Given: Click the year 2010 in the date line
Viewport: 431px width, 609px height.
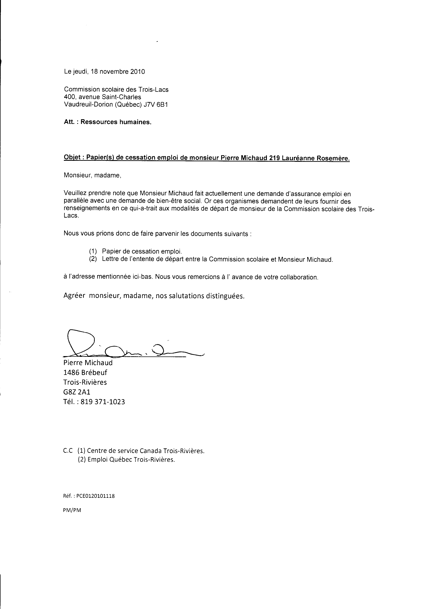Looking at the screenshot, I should click(138, 72).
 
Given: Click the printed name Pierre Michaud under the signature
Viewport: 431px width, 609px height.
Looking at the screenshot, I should click(88, 363).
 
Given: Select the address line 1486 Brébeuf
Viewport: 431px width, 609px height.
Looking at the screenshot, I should click(85, 373).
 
